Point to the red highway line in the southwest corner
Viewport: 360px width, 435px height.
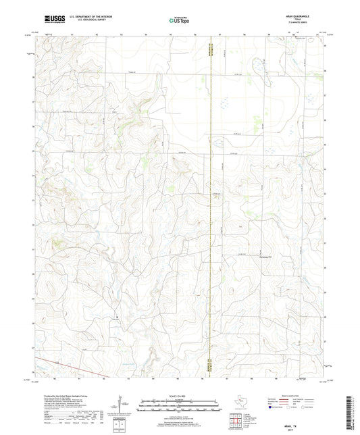pyautogui.click(x=74, y=369)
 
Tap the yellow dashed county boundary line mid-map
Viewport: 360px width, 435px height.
pyautogui.click(x=211, y=203)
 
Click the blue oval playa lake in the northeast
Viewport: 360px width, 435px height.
pyautogui.click(x=258, y=66)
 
